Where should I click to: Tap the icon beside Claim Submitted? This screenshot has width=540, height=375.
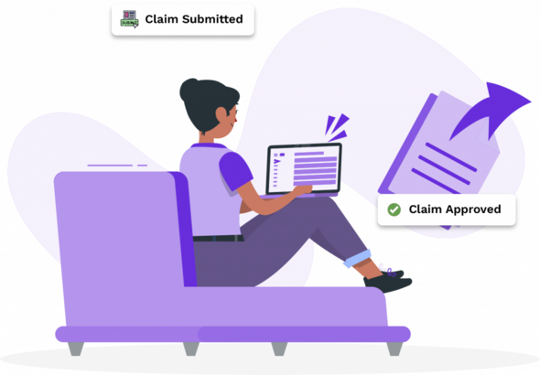[x=129, y=19]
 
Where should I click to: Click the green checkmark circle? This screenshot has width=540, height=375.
[x=394, y=209]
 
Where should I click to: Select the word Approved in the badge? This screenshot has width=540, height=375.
[x=469, y=209]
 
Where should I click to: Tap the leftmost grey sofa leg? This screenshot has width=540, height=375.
[x=72, y=348]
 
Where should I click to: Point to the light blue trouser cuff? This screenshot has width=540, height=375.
[x=359, y=258]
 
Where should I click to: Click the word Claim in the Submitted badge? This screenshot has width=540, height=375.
[x=160, y=19]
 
